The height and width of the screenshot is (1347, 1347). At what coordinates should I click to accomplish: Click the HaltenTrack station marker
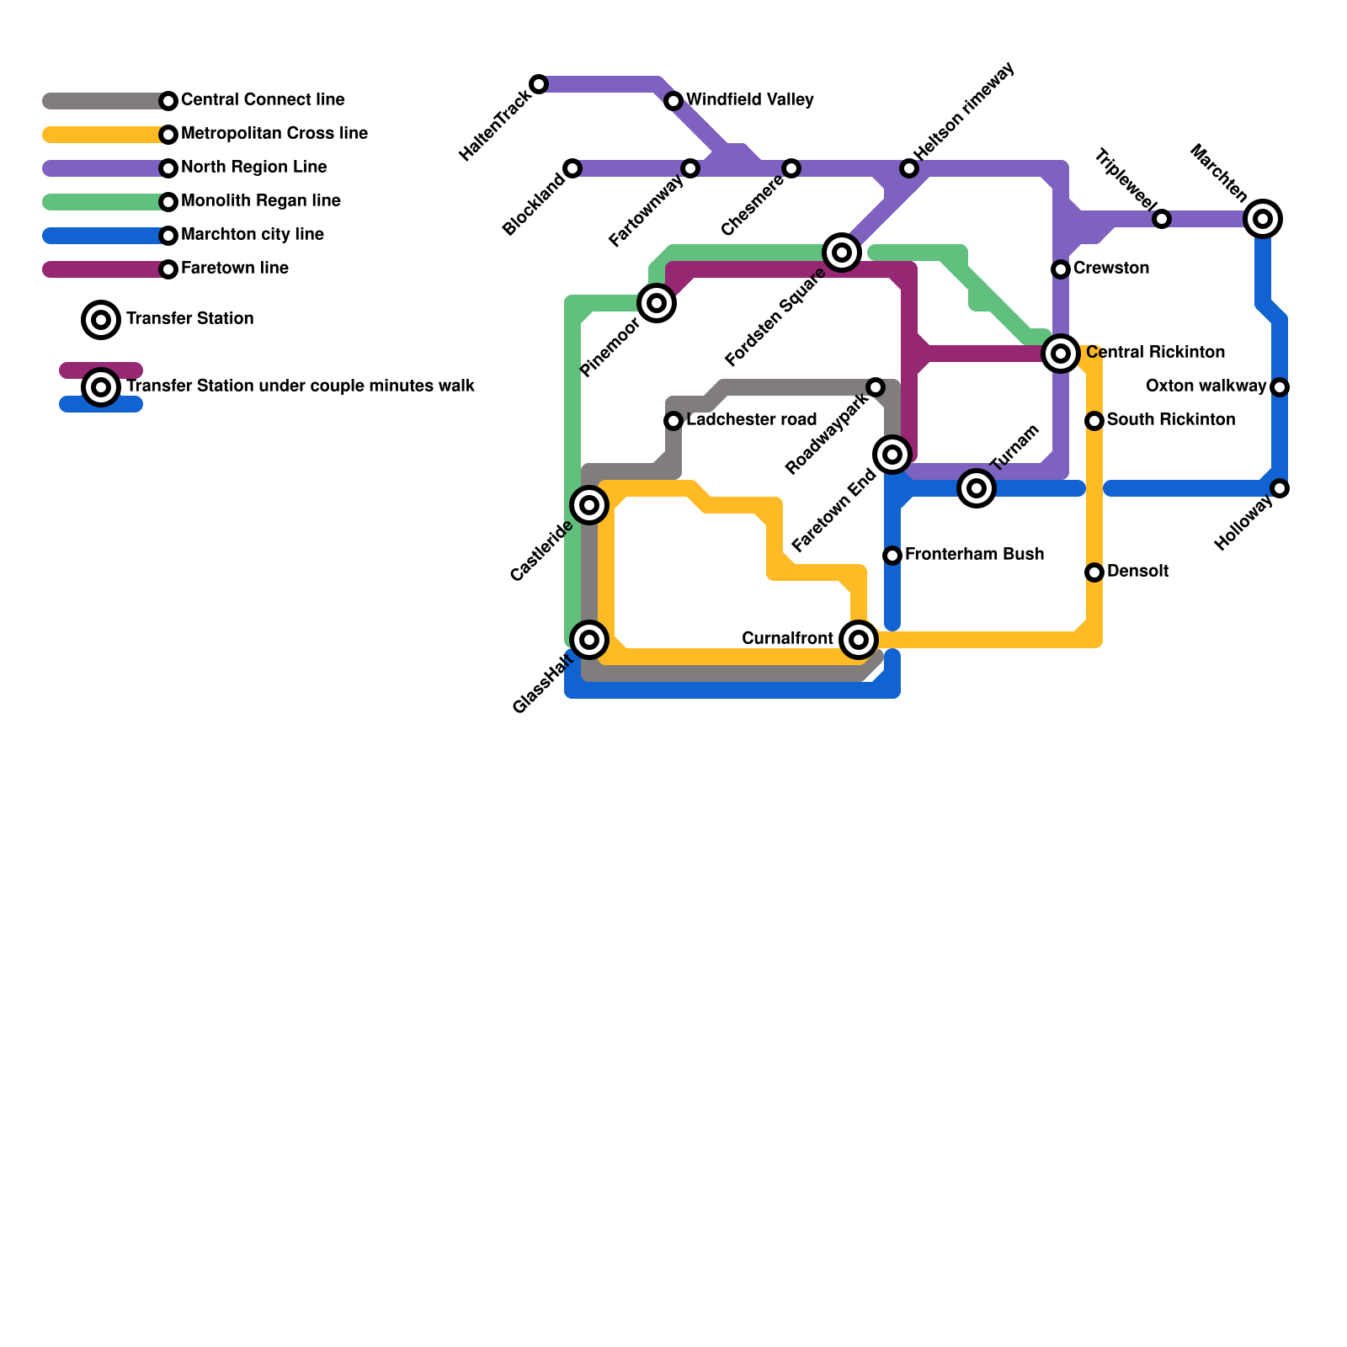(539, 84)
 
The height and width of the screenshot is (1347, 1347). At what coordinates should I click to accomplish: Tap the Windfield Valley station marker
(673, 101)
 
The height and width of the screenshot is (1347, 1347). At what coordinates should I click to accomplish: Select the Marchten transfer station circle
(1263, 219)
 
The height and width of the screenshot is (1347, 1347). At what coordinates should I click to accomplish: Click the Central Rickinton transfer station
(1061, 354)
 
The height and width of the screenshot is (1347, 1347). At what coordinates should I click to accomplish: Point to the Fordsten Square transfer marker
(842, 253)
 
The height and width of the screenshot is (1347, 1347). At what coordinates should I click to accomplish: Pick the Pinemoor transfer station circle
(657, 303)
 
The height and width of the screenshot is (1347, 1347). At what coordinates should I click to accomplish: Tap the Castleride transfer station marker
(589, 505)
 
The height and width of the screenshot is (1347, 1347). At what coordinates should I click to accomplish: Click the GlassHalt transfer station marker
(589, 640)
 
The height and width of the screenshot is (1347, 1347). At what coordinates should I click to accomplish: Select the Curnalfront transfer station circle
(859, 640)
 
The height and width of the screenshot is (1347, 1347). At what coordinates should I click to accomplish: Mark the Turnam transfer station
(977, 488)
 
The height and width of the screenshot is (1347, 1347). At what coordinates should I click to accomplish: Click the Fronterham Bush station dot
(892, 556)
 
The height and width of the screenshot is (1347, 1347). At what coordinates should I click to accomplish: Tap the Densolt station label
(1137, 572)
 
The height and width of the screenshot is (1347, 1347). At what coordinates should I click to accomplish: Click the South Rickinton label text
(1171, 420)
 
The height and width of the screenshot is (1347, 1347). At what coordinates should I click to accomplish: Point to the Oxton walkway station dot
(1280, 387)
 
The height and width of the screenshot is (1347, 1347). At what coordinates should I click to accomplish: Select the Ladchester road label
(752, 420)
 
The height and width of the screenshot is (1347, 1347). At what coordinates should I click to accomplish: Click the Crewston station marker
(1061, 269)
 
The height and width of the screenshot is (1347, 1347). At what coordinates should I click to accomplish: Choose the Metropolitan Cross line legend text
(274, 134)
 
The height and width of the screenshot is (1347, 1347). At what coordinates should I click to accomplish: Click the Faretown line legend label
(235, 269)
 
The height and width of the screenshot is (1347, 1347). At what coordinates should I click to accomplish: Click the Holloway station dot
(1280, 488)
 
